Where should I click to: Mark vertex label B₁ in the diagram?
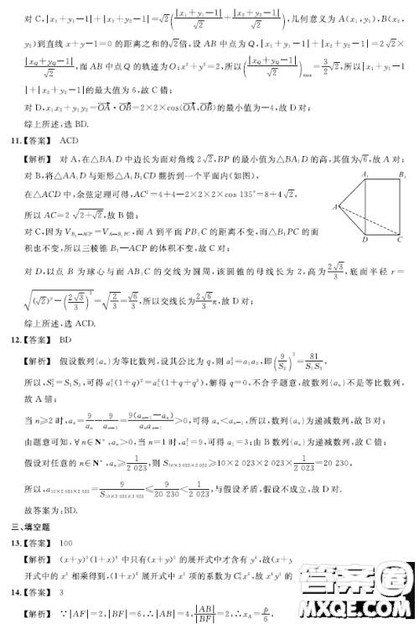click(403, 174)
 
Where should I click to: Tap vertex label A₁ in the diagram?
click(365, 174)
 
